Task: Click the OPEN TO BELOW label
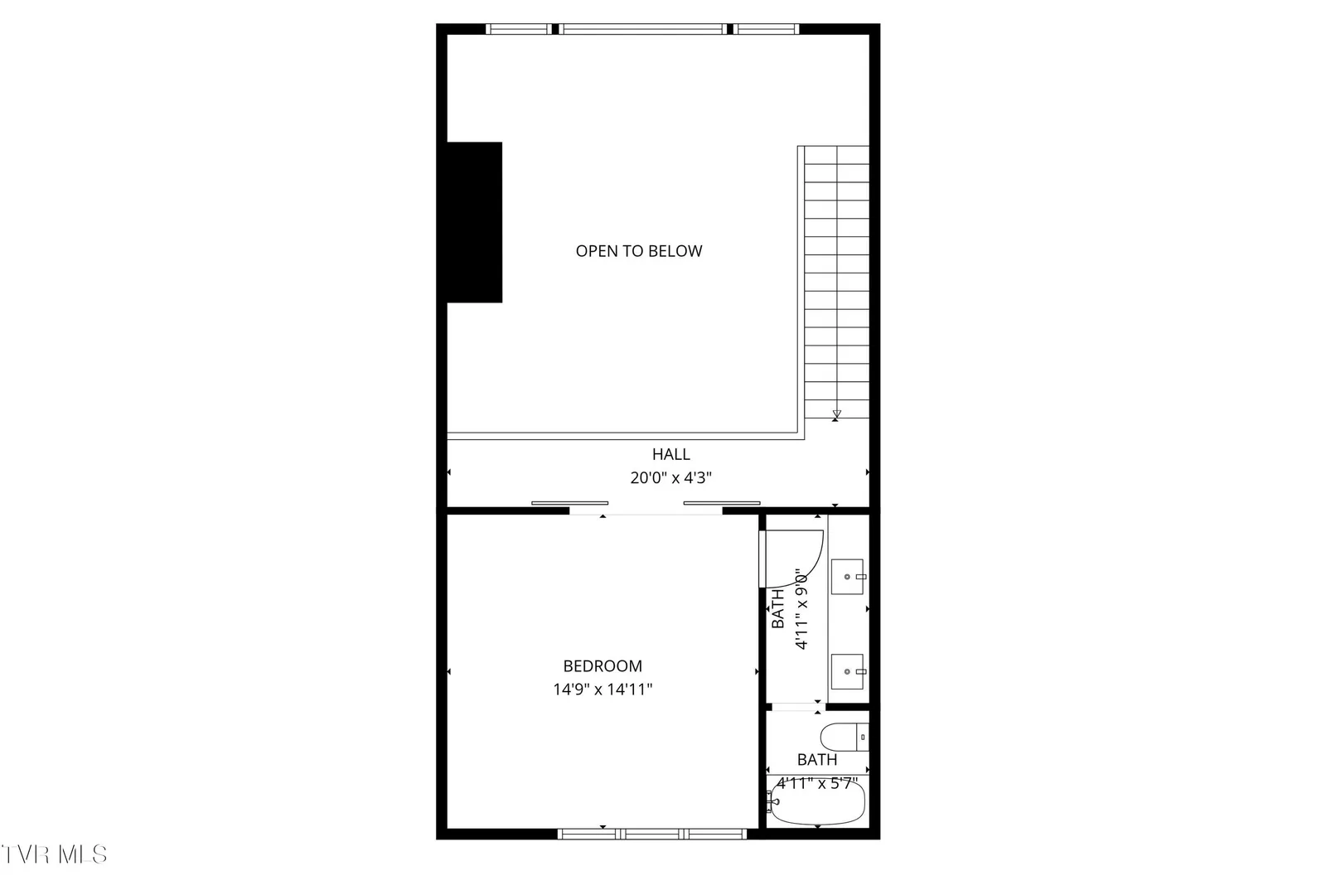click(x=639, y=251)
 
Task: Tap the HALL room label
click(x=670, y=454)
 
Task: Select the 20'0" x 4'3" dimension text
click(x=670, y=478)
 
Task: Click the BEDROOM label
click(x=603, y=665)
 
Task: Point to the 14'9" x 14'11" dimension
click(x=603, y=689)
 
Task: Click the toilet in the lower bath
click(x=845, y=738)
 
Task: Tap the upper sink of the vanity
click(x=847, y=577)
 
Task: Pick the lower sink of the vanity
click(x=847, y=671)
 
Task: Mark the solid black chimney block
click(x=474, y=222)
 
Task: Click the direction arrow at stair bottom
click(x=836, y=414)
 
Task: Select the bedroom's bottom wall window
click(x=652, y=834)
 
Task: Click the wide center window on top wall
click(x=641, y=29)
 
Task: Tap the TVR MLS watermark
click(x=54, y=854)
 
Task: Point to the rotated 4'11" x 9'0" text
click(x=801, y=609)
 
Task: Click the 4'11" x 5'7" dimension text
click(x=818, y=783)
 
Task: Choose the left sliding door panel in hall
click(x=570, y=503)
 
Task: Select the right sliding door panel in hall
click(x=722, y=503)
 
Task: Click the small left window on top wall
click(x=519, y=29)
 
